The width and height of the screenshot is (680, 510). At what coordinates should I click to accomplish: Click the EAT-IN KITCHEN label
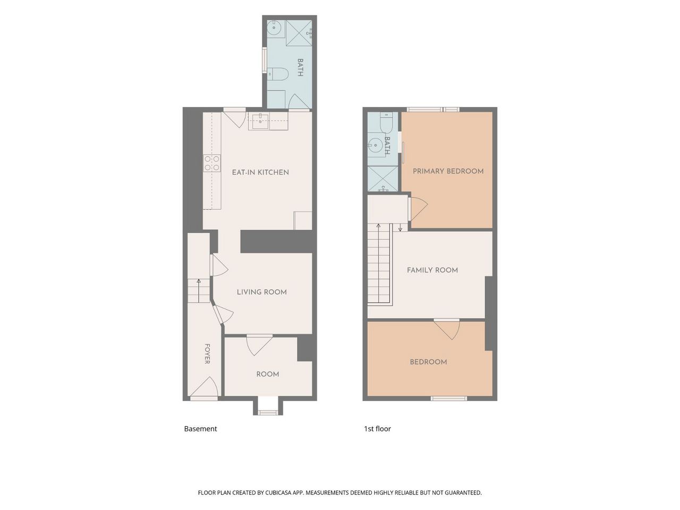pyautogui.click(x=260, y=172)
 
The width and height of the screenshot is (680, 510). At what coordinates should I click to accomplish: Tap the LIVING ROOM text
pyautogui.click(x=262, y=292)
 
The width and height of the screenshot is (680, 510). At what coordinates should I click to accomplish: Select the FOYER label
pyautogui.click(x=207, y=354)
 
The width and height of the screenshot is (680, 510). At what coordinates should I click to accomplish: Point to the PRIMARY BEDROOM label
pyautogui.click(x=448, y=171)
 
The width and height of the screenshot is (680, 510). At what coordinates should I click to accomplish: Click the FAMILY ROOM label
pyautogui.click(x=432, y=270)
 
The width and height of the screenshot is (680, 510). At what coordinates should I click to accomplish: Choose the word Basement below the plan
pyautogui.click(x=200, y=429)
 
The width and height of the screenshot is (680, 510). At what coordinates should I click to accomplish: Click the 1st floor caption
pyautogui.click(x=377, y=429)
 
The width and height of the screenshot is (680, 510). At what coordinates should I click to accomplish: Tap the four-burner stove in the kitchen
pyautogui.click(x=212, y=163)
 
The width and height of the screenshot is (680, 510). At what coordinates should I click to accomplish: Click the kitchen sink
pyautogui.click(x=260, y=121)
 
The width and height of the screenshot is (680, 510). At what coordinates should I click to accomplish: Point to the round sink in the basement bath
pyautogui.click(x=274, y=28)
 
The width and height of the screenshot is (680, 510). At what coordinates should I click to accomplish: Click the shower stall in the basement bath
pyautogui.click(x=299, y=33)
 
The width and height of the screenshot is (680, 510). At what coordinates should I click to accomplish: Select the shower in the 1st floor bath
pyautogui.click(x=382, y=179)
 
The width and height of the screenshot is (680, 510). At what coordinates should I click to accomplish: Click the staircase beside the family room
pyautogui.click(x=380, y=265)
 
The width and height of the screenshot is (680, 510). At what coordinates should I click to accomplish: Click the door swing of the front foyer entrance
pyautogui.click(x=205, y=387)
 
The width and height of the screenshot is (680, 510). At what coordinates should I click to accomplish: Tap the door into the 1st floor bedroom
pyautogui.click(x=447, y=330)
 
